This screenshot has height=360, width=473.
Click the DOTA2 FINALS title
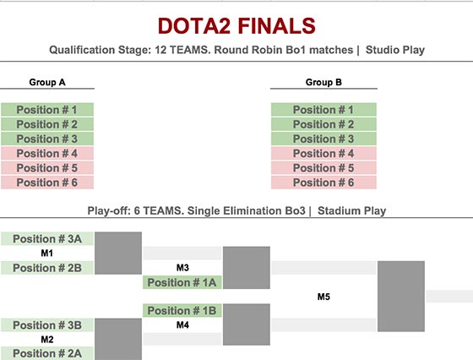click(x=236, y=26)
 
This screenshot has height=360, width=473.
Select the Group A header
click(x=47, y=82)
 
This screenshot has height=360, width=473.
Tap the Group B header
click(x=323, y=82)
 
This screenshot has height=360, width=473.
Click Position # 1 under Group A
click(x=47, y=110)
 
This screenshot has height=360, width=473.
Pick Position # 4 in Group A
click(x=47, y=153)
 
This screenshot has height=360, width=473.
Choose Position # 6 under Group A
click(x=47, y=183)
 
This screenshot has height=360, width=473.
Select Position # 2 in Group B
click(x=323, y=124)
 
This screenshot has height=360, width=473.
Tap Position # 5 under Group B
click(x=323, y=168)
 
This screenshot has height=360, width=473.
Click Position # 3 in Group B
click(x=323, y=139)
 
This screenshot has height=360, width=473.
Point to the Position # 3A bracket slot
click(x=47, y=238)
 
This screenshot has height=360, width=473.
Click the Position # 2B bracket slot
click(x=47, y=268)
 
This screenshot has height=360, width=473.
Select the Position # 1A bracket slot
click(x=182, y=282)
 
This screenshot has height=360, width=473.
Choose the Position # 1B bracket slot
click(x=182, y=310)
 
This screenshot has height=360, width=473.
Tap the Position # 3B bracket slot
click(x=47, y=325)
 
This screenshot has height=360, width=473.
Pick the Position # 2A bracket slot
click(x=47, y=353)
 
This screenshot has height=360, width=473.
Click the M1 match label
click(x=47, y=253)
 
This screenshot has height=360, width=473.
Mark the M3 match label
click(x=182, y=267)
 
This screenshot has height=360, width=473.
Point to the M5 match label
click(x=323, y=297)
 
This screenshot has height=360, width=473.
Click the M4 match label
click(x=182, y=325)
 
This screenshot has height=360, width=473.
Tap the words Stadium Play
click(x=351, y=210)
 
